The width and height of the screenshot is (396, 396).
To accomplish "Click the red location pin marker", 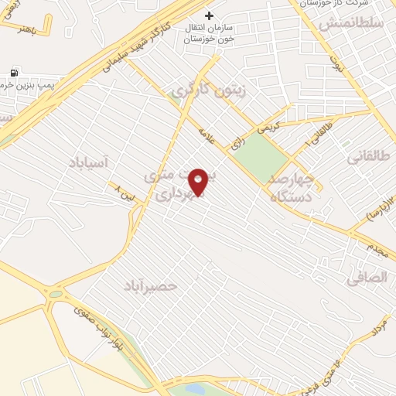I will point(198,182).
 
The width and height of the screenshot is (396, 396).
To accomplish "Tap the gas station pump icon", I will point(15,73).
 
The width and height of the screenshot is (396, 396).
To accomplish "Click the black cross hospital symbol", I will point(208,15).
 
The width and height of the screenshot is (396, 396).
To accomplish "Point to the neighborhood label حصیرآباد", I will point(150,286).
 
